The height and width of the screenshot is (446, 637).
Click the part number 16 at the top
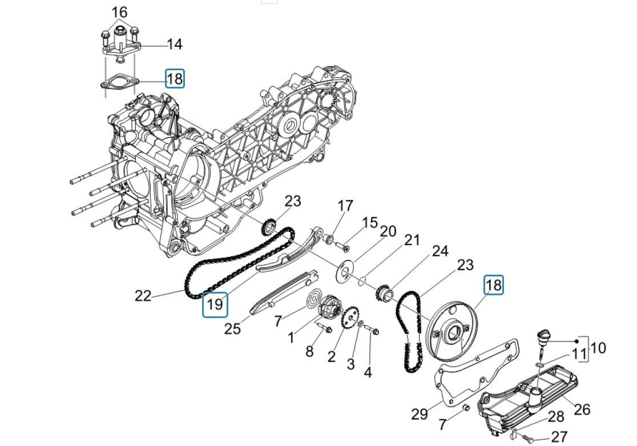tap(119, 12)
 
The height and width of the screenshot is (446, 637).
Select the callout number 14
tap(174, 45)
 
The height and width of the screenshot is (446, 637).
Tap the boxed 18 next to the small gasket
tap(175, 78)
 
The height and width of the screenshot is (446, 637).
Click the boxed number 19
tap(215, 304)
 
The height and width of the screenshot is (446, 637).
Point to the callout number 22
tap(143, 296)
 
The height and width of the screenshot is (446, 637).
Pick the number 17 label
tap(345, 206)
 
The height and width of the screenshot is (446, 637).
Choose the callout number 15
tap(370, 222)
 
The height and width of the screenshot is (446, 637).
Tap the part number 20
tap(388, 231)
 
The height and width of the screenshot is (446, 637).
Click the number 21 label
tap(412, 240)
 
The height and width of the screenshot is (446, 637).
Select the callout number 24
tap(440, 251)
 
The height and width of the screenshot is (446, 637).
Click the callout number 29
tap(420, 414)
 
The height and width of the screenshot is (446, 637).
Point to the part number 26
tap(582, 409)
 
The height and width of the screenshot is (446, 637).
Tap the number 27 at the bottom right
tap(559, 437)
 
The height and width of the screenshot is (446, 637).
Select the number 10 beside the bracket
tap(598, 347)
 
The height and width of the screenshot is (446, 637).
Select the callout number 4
tap(368, 372)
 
